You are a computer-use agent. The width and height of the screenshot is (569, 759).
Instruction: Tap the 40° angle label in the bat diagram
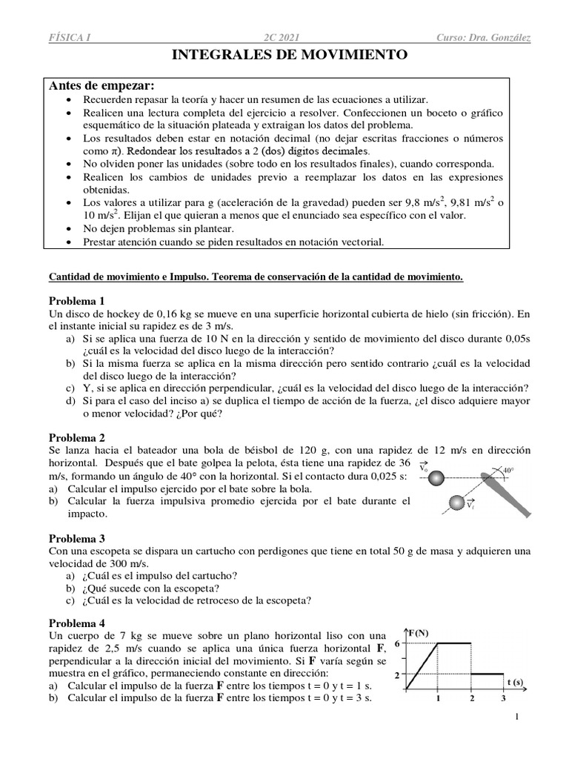coord(508,470)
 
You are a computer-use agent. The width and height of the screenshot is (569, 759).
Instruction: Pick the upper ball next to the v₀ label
coord(437,477)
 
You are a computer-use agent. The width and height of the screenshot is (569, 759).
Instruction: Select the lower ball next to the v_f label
coord(455,504)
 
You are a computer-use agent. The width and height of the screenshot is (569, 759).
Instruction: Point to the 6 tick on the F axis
coord(397,643)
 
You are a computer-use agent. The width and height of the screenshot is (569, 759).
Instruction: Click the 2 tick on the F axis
coord(397,675)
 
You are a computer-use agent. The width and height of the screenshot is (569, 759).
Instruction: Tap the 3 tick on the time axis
coord(503,698)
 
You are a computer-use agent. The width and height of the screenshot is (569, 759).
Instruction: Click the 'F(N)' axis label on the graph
coord(419,632)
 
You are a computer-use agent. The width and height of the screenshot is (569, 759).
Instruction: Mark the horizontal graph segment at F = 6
coord(454,643)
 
